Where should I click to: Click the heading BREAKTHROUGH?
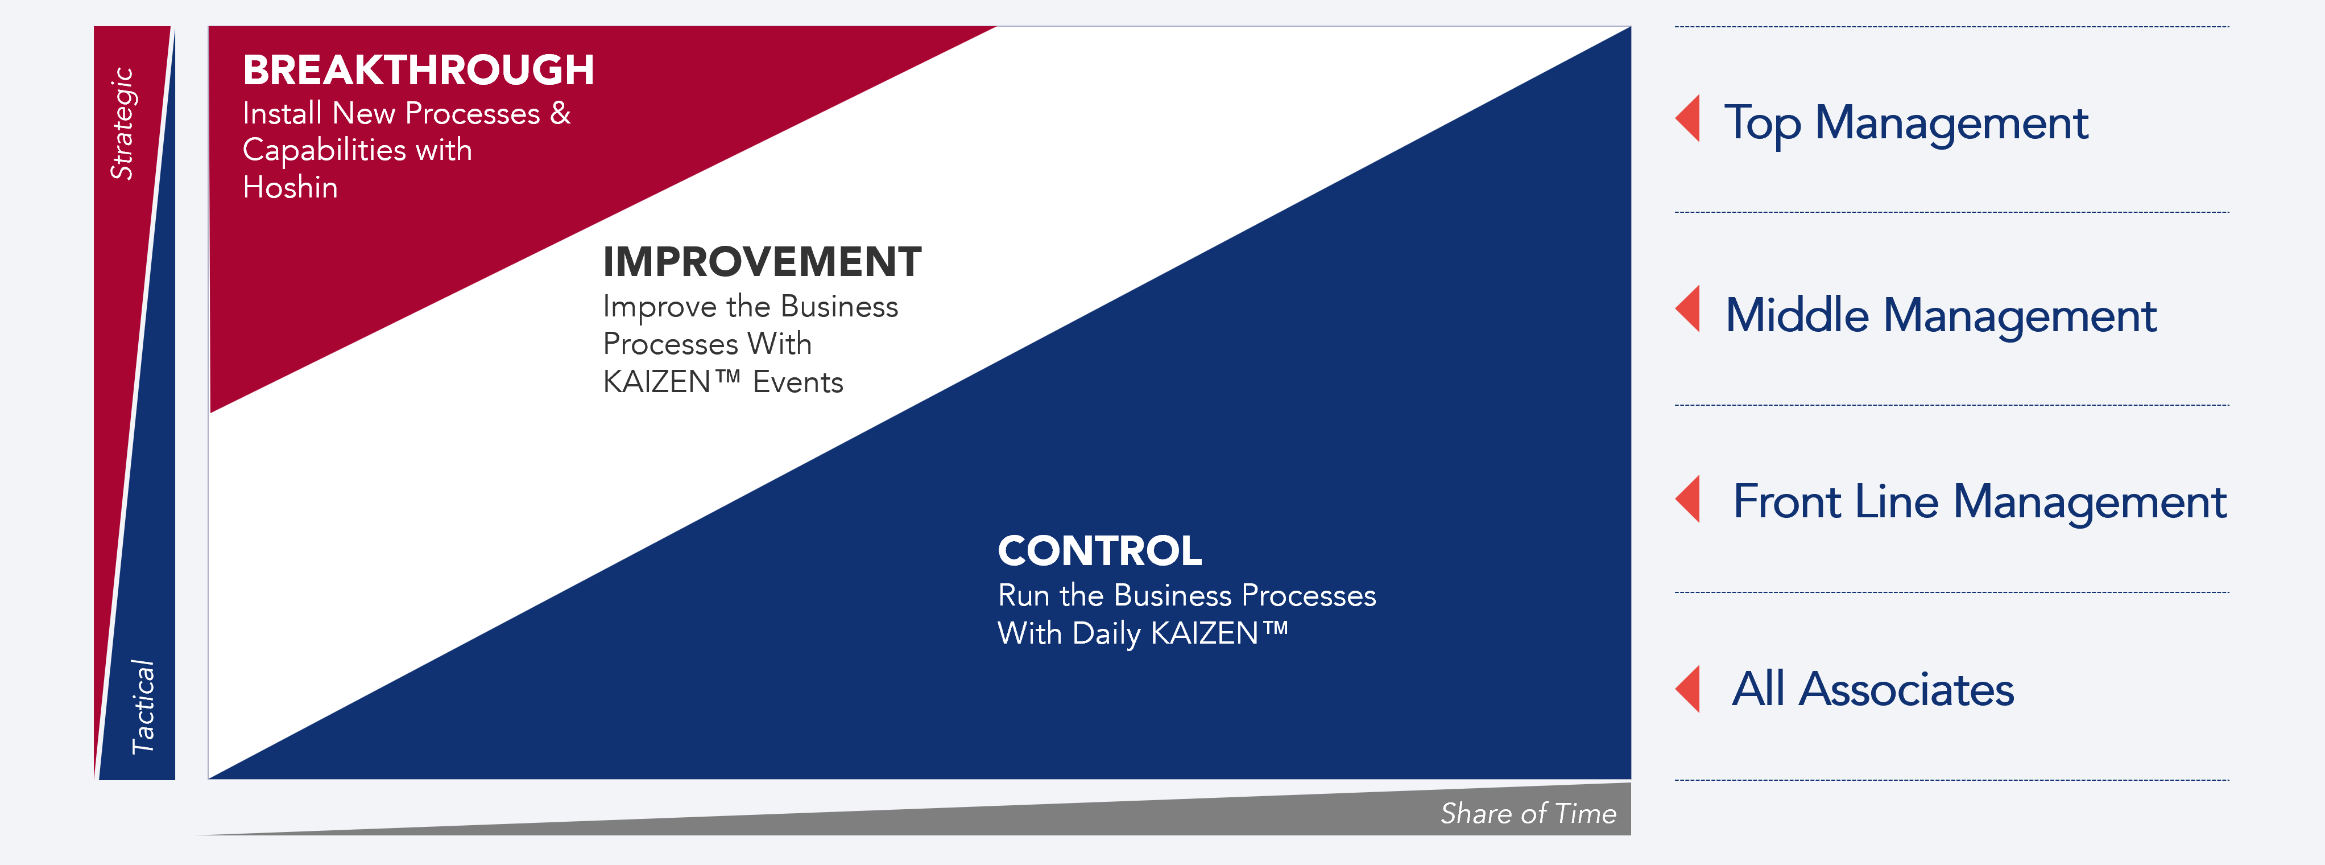pyautogui.click(x=418, y=71)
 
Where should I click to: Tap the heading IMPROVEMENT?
pyautogui.click(x=762, y=262)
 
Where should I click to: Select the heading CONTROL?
pyautogui.click(x=1099, y=551)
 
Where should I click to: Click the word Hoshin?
pyautogui.click(x=289, y=187)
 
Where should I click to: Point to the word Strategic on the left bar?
pyautogui.click(x=123, y=123)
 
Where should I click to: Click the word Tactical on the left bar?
pyautogui.click(x=143, y=706)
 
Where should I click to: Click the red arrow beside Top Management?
pyautogui.click(x=1689, y=118)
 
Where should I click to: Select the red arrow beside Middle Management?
pyautogui.click(x=1689, y=309)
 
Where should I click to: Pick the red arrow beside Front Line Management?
pyautogui.click(x=1689, y=499)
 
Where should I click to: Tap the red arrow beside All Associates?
pyautogui.click(x=1689, y=689)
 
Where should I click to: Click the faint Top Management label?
pyautogui.click(x=1906, y=123)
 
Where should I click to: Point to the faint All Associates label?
pyautogui.click(x=1873, y=690)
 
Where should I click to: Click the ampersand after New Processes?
pyautogui.click(x=561, y=113)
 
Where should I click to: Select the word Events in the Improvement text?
pyautogui.click(x=798, y=382)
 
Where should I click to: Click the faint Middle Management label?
pyautogui.click(x=1941, y=315)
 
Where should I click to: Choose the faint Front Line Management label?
pyautogui.click(x=1979, y=502)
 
